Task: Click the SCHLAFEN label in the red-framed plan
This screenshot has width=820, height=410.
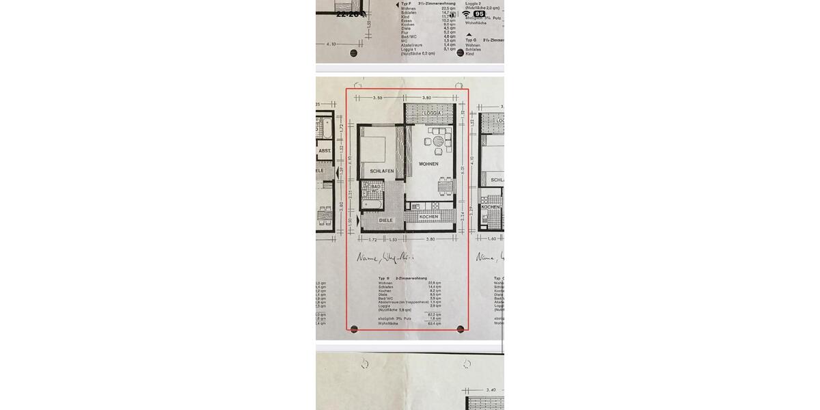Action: (382, 171)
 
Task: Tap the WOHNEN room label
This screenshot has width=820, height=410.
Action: (428, 164)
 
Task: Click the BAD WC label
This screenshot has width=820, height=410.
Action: (376, 188)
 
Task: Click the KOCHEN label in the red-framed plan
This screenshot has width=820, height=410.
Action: (428, 217)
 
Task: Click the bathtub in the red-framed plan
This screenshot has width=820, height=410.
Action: (373, 204)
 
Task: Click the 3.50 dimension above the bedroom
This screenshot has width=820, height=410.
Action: (377, 98)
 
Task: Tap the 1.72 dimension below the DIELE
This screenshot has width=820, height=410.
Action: (373, 240)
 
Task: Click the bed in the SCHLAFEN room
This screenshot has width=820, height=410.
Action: (374, 147)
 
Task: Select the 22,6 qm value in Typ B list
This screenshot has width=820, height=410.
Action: (434, 282)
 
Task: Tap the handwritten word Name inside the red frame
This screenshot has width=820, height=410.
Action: (368, 258)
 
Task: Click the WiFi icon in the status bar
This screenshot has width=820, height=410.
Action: (466, 14)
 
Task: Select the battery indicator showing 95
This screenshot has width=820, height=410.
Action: (480, 14)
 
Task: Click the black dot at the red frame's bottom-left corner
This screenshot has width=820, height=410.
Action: (354, 329)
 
